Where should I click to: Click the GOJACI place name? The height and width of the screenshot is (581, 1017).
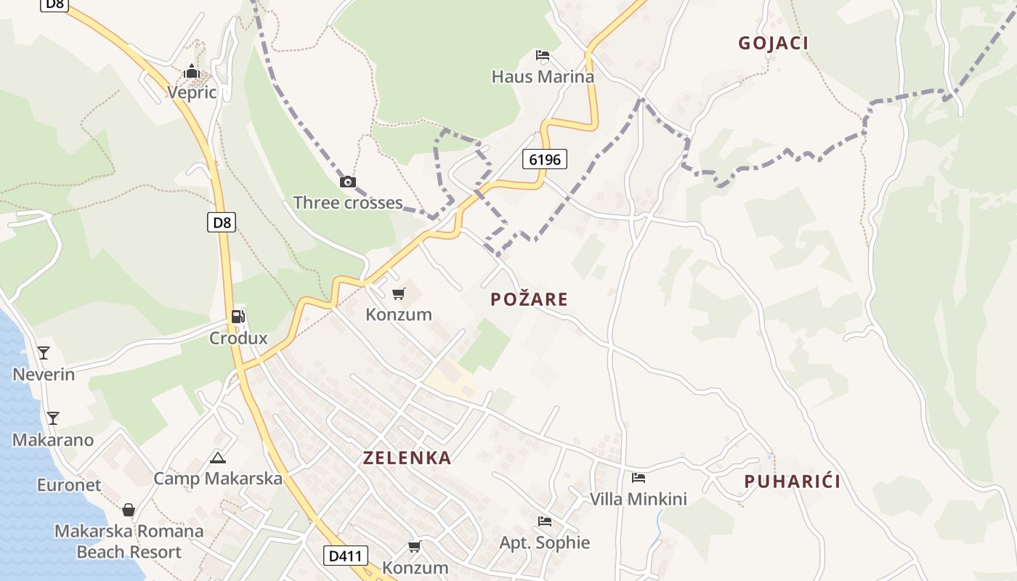click(773, 43)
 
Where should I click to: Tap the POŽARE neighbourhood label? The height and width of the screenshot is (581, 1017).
click(529, 298)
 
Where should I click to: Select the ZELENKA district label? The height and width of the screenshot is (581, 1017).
click(407, 458)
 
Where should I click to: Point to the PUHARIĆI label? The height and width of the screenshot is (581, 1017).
click(792, 481)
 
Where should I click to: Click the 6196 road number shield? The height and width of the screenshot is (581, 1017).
click(544, 159)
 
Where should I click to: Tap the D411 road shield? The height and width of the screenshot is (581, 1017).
click(346, 556)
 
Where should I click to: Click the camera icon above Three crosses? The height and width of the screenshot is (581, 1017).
click(348, 182)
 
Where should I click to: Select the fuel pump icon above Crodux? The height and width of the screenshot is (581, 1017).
click(238, 317)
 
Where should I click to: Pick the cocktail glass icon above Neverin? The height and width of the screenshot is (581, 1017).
click(44, 353)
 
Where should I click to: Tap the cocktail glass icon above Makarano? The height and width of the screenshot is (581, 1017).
click(52, 418)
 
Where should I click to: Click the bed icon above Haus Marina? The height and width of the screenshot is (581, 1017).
click(542, 55)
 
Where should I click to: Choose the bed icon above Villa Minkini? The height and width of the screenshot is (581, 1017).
click(638, 477)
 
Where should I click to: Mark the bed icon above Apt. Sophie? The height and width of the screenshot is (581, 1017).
click(544, 521)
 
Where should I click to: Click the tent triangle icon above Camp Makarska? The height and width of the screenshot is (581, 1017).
click(217, 458)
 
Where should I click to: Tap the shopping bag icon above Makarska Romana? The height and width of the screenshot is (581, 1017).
click(129, 510)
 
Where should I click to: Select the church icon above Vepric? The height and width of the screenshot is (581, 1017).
click(192, 71)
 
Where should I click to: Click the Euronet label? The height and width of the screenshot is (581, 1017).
click(69, 484)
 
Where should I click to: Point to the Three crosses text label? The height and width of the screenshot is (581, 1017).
click(347, 203)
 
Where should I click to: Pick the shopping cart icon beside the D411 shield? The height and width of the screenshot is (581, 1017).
click(414, 546)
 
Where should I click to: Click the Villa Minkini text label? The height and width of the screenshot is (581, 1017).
click(638, 499)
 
